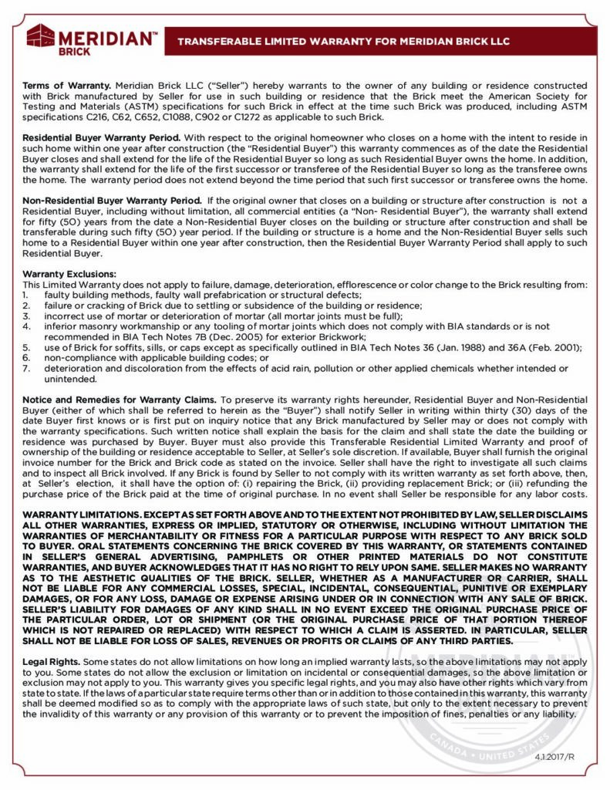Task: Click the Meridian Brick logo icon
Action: pos(40,36)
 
